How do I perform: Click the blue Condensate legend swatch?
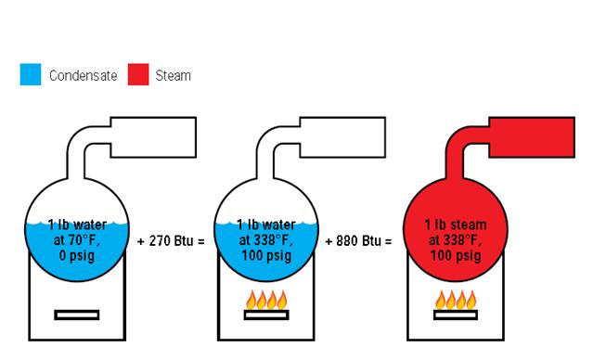[x=32, y=75]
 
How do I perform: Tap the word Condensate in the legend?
[x=84, y=76]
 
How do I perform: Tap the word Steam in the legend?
[x=174, y=76]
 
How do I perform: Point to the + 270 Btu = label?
[x=171, y=240]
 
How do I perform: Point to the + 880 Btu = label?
[x=360, y=240]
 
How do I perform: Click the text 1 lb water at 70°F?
[x=77, y=232]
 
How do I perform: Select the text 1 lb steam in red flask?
[x=455, y=225]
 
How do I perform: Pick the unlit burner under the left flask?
[x=76, y=314]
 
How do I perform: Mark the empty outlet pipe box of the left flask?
[x=152, y=137]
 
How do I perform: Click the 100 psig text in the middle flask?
[x=265, y=253]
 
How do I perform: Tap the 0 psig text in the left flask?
[x=77, y=253]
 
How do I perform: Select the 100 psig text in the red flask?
[x=455, y=253]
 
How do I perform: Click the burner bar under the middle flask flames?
[x=265, y=315]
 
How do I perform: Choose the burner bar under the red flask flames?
[x=455, y=315]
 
